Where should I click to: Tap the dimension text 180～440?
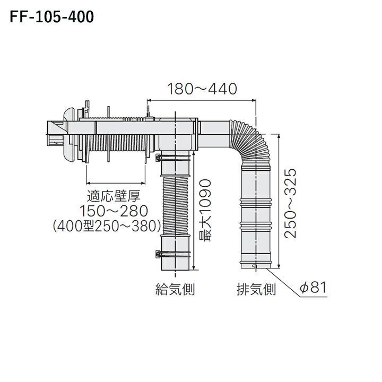pyautogui.click(x=202, y=89)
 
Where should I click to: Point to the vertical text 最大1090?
pyautogui.click(x=205, y=210)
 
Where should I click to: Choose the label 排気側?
pyautogui.click(x=256, y=290)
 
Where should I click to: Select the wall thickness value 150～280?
pyautogui.click(x=113, y=211)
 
